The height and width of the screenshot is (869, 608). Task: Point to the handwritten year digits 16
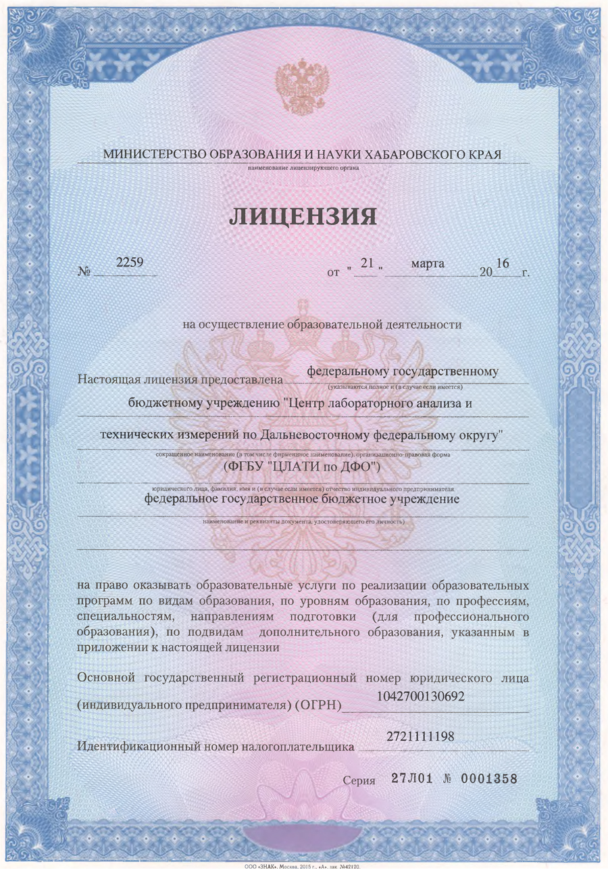[x=502, y=262]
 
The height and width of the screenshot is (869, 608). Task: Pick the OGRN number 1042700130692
[x=420, y=696]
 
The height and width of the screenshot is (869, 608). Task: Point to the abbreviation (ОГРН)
[x=318, y=706]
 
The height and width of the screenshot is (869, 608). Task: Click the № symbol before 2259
[x=85, y=274]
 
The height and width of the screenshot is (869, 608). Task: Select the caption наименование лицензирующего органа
[x=303, y=168]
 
